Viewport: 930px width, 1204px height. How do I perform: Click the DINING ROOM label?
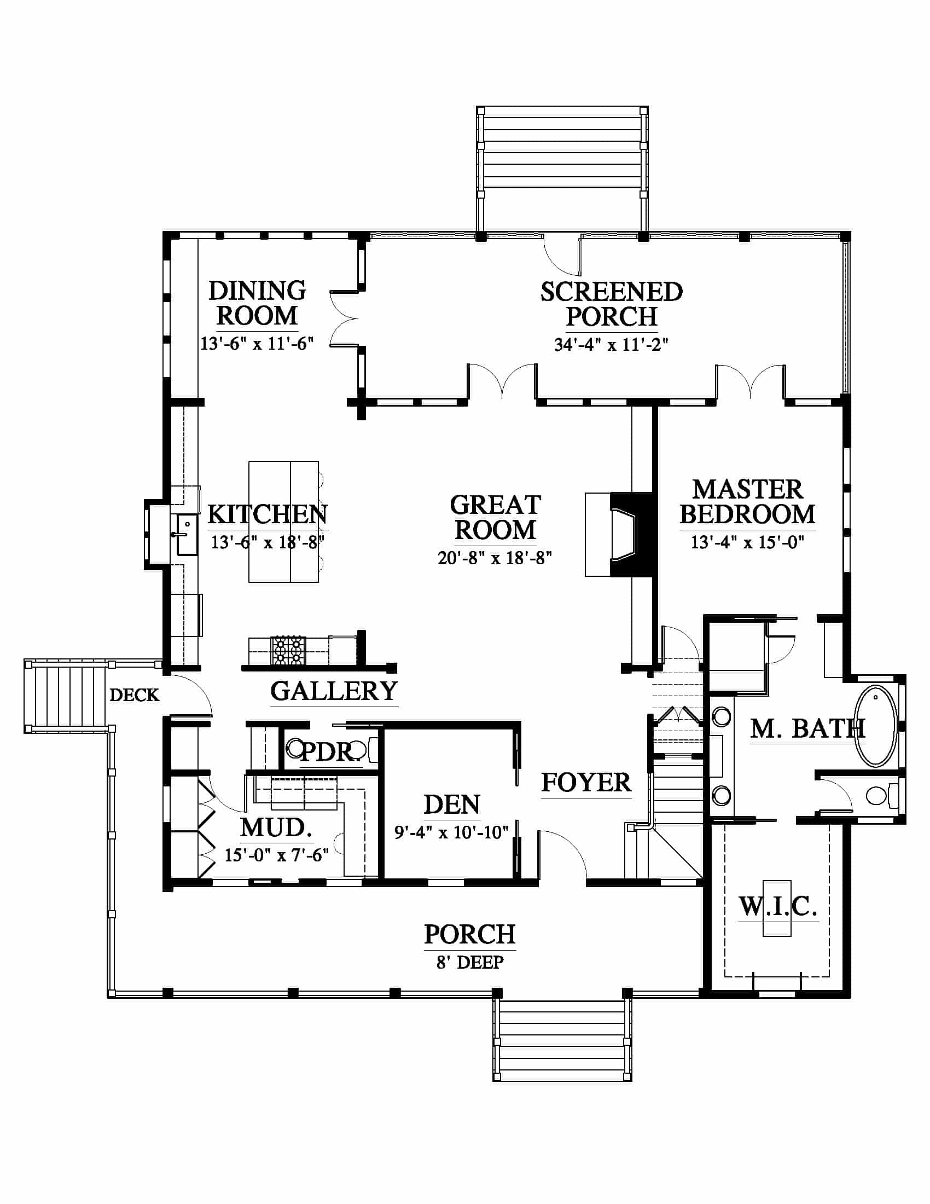point(257,303)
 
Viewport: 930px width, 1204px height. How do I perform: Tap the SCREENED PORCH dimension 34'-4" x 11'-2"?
point(611,345)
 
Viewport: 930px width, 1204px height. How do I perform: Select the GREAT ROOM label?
point(495,518)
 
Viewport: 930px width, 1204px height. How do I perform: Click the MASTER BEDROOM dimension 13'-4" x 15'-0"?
point(748,542)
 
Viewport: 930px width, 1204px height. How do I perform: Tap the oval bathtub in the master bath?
point(875,726)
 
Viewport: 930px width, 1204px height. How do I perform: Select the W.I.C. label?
point(777,907)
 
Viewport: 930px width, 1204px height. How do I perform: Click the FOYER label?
point(586,782)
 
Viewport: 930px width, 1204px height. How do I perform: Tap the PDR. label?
point(328,751)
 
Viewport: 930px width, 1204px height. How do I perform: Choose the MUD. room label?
point(276,827)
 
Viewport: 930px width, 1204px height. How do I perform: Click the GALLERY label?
point(334,691)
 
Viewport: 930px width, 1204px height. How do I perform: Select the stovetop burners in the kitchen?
point(288,651)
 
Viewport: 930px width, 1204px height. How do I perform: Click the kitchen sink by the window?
point(186,534)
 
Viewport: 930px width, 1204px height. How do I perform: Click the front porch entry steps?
point(562,1041)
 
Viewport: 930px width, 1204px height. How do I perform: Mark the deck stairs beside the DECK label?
point(67,696)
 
